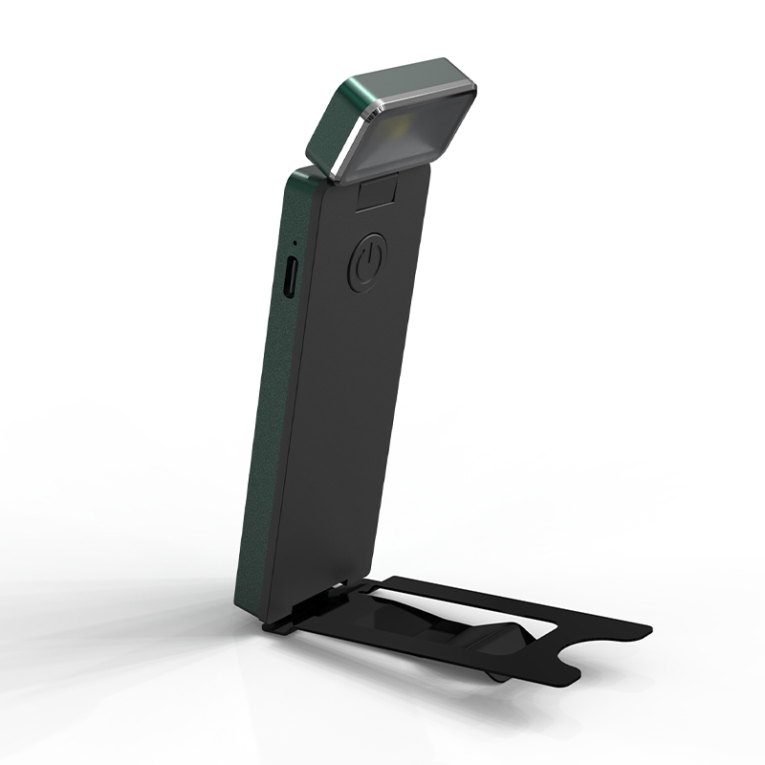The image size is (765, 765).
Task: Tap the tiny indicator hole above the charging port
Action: pyautogui.click(x=294, y=244)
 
